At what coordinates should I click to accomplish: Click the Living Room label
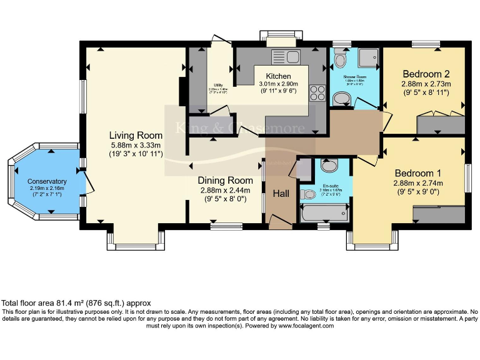(x=136, y=136)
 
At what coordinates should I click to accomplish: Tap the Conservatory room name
(x=47, y=182)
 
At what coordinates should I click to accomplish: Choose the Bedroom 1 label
(x=417, y=173)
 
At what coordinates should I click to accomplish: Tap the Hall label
(x=281, y=194)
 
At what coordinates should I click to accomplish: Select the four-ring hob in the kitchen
(x=317, y=92)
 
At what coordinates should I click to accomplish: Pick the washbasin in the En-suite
(x=328, y=166)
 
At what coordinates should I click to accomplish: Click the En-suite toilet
(x=307, y=194)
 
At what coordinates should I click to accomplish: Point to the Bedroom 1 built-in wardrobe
(x=438, y=214)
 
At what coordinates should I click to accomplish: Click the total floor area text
(x=76, y=303)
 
